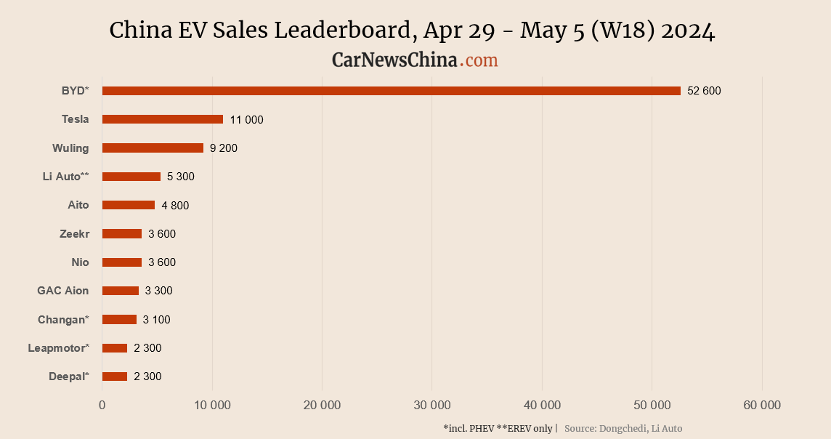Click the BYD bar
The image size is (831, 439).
coord(391,91)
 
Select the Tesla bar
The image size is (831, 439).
coord(163,119)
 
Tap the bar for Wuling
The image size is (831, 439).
coord(153,148)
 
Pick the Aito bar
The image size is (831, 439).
coord(129,205)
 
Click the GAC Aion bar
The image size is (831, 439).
coord(121,291)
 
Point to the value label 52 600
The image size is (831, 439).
coord(704,91)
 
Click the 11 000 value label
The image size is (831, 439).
coord(246,120)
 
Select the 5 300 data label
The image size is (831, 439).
coord(181,177)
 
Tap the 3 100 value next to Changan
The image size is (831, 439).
coord(156,320)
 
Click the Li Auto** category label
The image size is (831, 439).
coord(65,177)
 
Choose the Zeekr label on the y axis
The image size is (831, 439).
coord(74,234)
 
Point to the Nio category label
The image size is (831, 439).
coord(80,262)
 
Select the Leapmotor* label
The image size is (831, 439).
coord(58,348)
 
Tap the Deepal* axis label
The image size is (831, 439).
coord(69,376)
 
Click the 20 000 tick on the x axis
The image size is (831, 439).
coord(322,406)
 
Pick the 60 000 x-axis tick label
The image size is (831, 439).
coord(762,406)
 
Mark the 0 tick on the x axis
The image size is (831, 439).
coord(102,406)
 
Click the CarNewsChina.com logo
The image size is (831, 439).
coord(415,60)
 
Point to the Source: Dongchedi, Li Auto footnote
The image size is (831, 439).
coord(623,428)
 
